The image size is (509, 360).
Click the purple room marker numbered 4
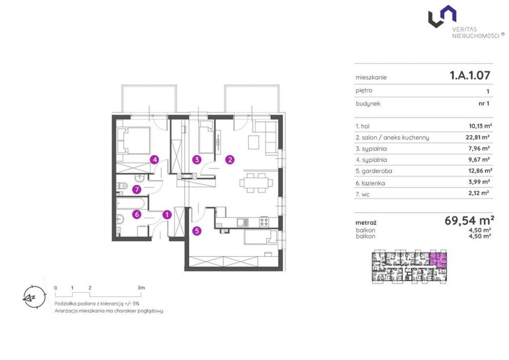tap(155, 160)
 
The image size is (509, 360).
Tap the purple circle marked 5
tap(197, 231)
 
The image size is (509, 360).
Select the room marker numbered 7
tap(136, 189)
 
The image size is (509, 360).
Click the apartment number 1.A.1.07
tap(470, 76)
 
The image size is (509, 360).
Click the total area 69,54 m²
tap(469, 220)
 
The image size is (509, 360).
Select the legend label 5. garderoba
tap(374, 171)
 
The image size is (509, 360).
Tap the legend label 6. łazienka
tap(370, 183)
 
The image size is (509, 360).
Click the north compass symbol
tap(34, 297)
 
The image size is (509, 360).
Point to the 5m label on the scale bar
tap(141, 288)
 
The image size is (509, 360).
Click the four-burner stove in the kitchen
tap(264, 222)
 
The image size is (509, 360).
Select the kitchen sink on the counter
tap(243, 222)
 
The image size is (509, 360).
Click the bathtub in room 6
tap(130, 203)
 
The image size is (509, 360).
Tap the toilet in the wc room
tap(122, 186)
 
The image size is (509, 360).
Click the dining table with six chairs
tap(256, 183)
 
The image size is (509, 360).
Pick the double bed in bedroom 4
tap(133, 141)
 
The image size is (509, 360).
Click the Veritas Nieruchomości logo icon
tap(442, 16)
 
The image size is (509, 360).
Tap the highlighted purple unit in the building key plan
tap(438, 261)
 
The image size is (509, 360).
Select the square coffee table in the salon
tap(254, 142)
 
